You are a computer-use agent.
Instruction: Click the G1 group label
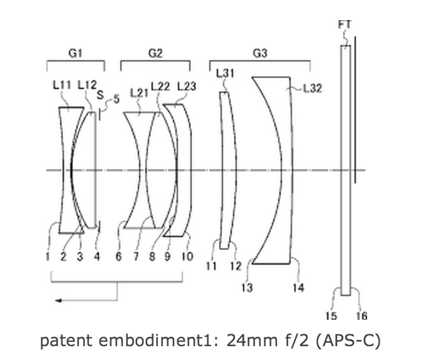pyautogui.click(x=75, y=53)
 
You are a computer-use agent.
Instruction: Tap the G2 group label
pyautogui.click(x=155, y=53)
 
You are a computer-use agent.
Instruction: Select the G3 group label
pyautogui.click(x=260, y=53)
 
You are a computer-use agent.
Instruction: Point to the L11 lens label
pyautogui.click(x=62, y=85)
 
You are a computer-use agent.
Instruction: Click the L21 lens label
pyautogui.click(x=139, y=93)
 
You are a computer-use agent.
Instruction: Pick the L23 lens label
pyautogui.click(x=187, y=87)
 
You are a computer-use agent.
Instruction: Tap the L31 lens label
pyautogui.click(x=225, y=73)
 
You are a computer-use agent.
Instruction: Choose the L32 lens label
pyautogui.click(x=312, y=88)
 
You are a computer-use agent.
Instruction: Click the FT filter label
pyautogui.click(x=345, y=25)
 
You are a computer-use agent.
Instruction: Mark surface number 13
pyautogui.click(x=247, y=288)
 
